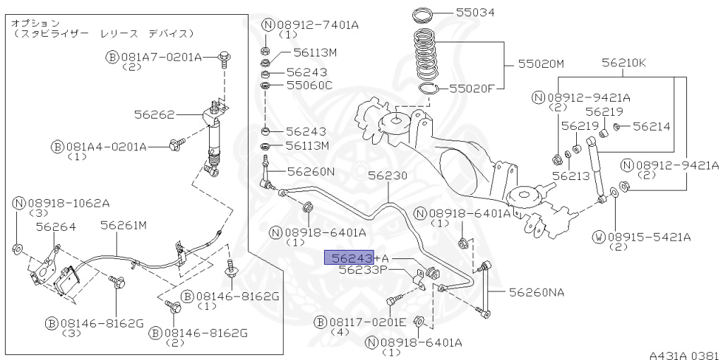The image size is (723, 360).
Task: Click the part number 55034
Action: tap(475, 13)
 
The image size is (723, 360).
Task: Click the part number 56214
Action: tap(651, 126)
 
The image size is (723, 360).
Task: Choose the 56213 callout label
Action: tap(570, 176)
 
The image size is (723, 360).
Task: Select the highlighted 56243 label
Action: tap(348, 257)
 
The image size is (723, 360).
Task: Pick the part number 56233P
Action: tap(363, 270)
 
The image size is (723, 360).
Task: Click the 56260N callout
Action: tap(311, 172)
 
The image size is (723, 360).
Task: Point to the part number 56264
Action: tap(56, 227)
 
